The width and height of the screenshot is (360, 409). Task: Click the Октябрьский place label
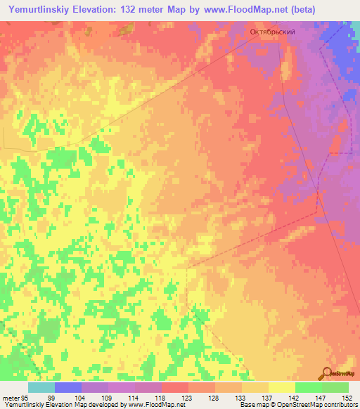coord(272,32)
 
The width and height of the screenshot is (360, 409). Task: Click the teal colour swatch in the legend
coord(41,387)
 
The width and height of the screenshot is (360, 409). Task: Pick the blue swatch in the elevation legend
coord(68,387)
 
